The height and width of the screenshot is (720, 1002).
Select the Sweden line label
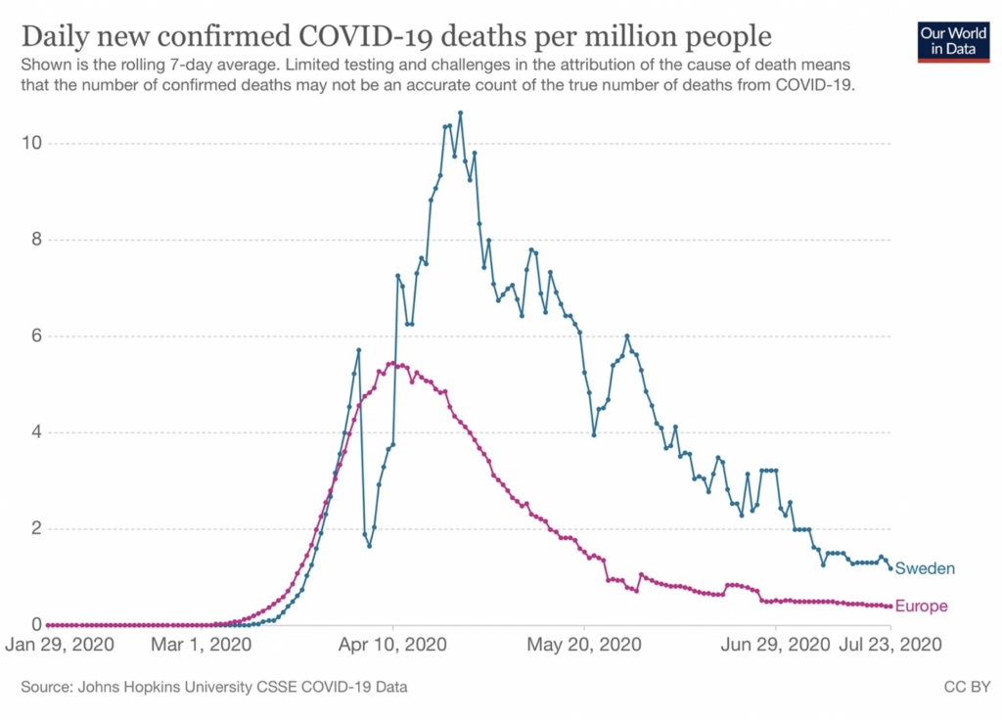[x=925, y=568]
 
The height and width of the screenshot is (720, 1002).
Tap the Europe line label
[x=921, y=607]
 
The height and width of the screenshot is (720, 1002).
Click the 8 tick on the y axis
[x=33, y=240]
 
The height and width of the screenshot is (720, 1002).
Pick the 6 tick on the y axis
[x=33, y=337]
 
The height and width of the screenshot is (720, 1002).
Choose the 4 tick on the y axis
[x=33, y=432]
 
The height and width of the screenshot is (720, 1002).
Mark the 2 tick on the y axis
[x=33, y=529]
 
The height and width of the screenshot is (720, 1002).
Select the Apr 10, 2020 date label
[x=393, y=646]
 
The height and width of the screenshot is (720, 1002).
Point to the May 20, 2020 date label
[x=585, y=646]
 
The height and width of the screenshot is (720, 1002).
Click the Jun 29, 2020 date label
[x=777, y=646]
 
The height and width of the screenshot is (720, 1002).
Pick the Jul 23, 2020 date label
[x=892, y=646]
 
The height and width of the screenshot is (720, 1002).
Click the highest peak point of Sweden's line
[x=460, y=113]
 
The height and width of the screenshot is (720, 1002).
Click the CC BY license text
[x=968, y=688]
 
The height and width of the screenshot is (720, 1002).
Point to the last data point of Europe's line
[x=889, y=607]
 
